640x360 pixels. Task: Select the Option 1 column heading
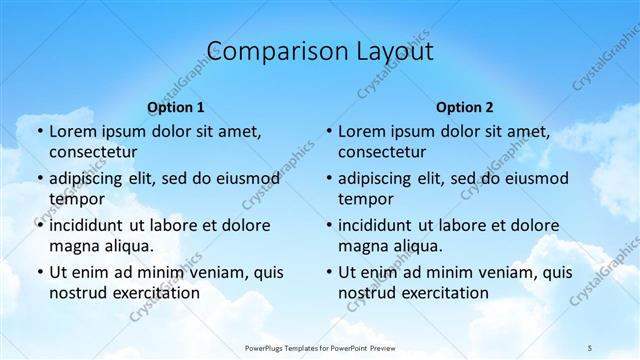(175, 106)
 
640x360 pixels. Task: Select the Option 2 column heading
(465, 106)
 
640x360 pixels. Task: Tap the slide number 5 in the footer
(590, 346)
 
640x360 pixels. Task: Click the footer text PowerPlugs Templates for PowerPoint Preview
(321, 346)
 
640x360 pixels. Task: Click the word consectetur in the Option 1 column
(93, 152)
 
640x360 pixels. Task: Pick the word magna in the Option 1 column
(72, 246)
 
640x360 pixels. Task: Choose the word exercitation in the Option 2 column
(443, 293)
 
